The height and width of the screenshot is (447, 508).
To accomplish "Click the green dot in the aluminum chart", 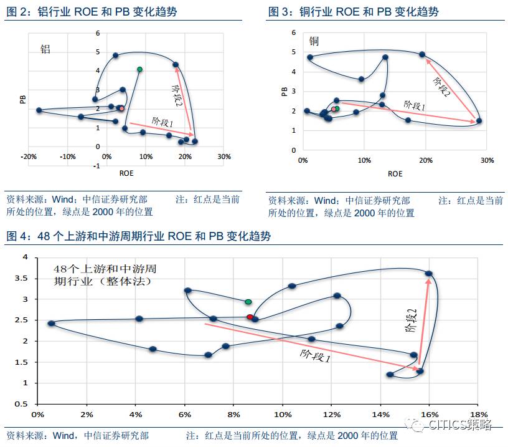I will (x=140, y=69).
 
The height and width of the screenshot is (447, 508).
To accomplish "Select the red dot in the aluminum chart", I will (x=122, y=108).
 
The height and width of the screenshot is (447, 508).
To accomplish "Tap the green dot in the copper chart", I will (x=337, y=108).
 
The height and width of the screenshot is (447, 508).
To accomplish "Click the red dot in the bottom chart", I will (x=250, y=317).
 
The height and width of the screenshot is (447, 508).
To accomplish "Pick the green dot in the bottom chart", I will (x=248, y=302).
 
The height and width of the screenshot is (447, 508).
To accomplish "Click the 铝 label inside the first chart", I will (x=45, y=49).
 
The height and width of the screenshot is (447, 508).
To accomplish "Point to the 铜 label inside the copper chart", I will (x=314, y=42).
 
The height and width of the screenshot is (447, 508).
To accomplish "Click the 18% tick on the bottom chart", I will (x=478, y=415).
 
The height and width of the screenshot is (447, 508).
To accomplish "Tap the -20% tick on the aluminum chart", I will (x=29, y=156).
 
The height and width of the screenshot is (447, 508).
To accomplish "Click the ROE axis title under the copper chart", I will (x=395, y=174).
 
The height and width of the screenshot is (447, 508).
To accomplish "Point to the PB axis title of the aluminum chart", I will (x=22, y=99).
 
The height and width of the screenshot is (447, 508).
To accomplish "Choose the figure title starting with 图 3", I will (x=354, y=12).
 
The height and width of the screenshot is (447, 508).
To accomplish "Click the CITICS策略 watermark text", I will (x=461, y=425).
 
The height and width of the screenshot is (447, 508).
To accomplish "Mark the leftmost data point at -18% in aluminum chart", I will (x=39, y=110).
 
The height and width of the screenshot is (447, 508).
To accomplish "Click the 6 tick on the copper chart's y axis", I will (x=293, y=32).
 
